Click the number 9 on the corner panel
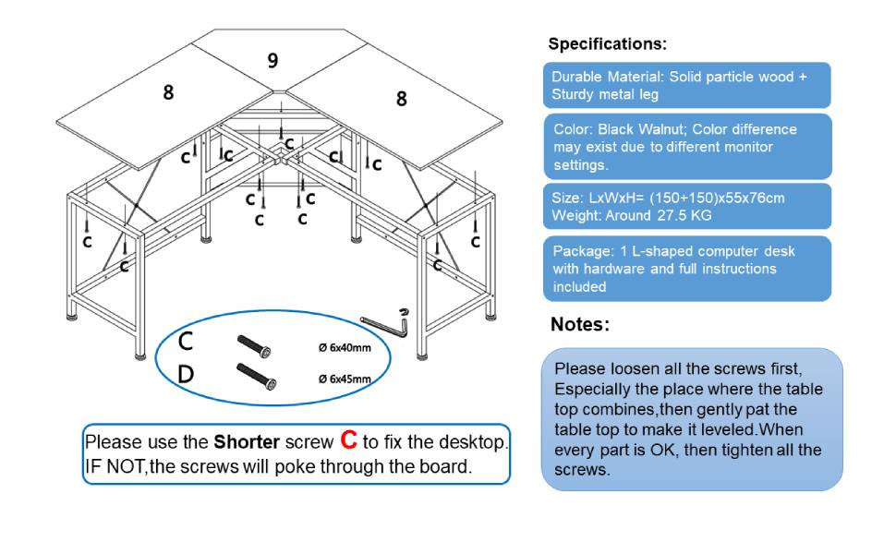[x=272, y=60]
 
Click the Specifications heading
[x=607, y=43]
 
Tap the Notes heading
[x=579, y=324]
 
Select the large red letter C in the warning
[x=348, y=440]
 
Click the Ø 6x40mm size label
[x=344, y=348]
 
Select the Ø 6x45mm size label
[x=344, y=379]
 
